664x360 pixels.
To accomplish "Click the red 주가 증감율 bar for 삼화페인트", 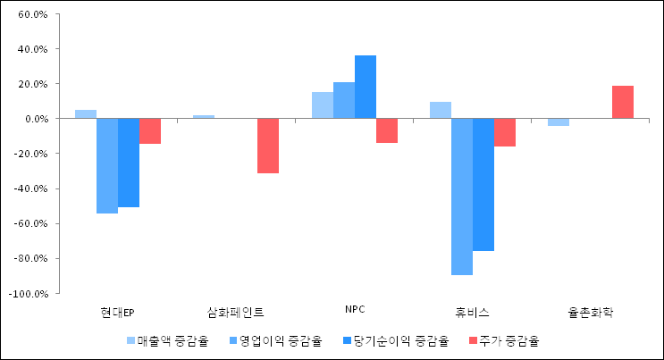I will pyautogui.click(x=268, y=146).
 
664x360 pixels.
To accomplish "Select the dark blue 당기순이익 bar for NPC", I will pyautogui.click(x=366, y=87).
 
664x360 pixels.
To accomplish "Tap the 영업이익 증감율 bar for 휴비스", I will pyautogui.click(x=462, y=197).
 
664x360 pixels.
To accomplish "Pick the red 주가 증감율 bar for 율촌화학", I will pyautogui.click(x=623, y=102).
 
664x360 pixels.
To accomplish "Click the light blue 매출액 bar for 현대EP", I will pyautogui.click(x=86, y=114).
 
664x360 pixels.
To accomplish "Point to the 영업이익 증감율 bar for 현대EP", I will pyautogui.click(x=107, y=166).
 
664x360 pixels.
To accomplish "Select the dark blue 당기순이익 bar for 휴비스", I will pyautogui.click(x=483, y=185).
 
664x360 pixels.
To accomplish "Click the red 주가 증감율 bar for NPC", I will pyautogui.click(x=387, y=130).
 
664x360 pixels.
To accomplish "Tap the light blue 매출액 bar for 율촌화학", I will pyautogui.click(x=559, y=122).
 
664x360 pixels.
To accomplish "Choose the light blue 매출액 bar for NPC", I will pyautogui.click(x=323, y=105).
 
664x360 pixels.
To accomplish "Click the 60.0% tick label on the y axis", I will pyautogui.click(x=32, y=15).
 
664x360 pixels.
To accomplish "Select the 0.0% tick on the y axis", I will pyautogui.click(x=35, y=119).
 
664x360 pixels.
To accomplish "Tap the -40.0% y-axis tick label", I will pyautogui.click(x=31, y=188).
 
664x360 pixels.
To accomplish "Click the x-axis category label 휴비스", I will pyautogui.click(x=472, y=312).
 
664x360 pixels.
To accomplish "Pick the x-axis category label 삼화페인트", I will pyautogui.click(x=236, y=312).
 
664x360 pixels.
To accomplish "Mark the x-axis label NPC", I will pyautogui.click(x=355, y=310).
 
